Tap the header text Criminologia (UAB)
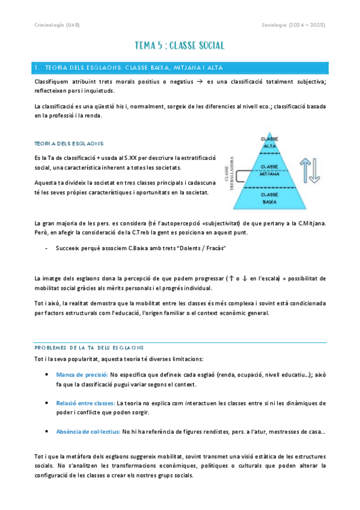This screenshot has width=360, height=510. (x=56, y=25)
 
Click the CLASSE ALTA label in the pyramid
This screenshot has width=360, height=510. (x=269, y=143)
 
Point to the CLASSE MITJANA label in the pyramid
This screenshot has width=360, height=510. (x=269, y=170)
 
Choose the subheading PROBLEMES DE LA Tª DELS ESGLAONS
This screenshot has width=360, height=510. (x=89, y=348)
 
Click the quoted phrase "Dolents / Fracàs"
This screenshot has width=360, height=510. (x=200, y=248)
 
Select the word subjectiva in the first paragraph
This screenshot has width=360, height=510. (x=309, y=81)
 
